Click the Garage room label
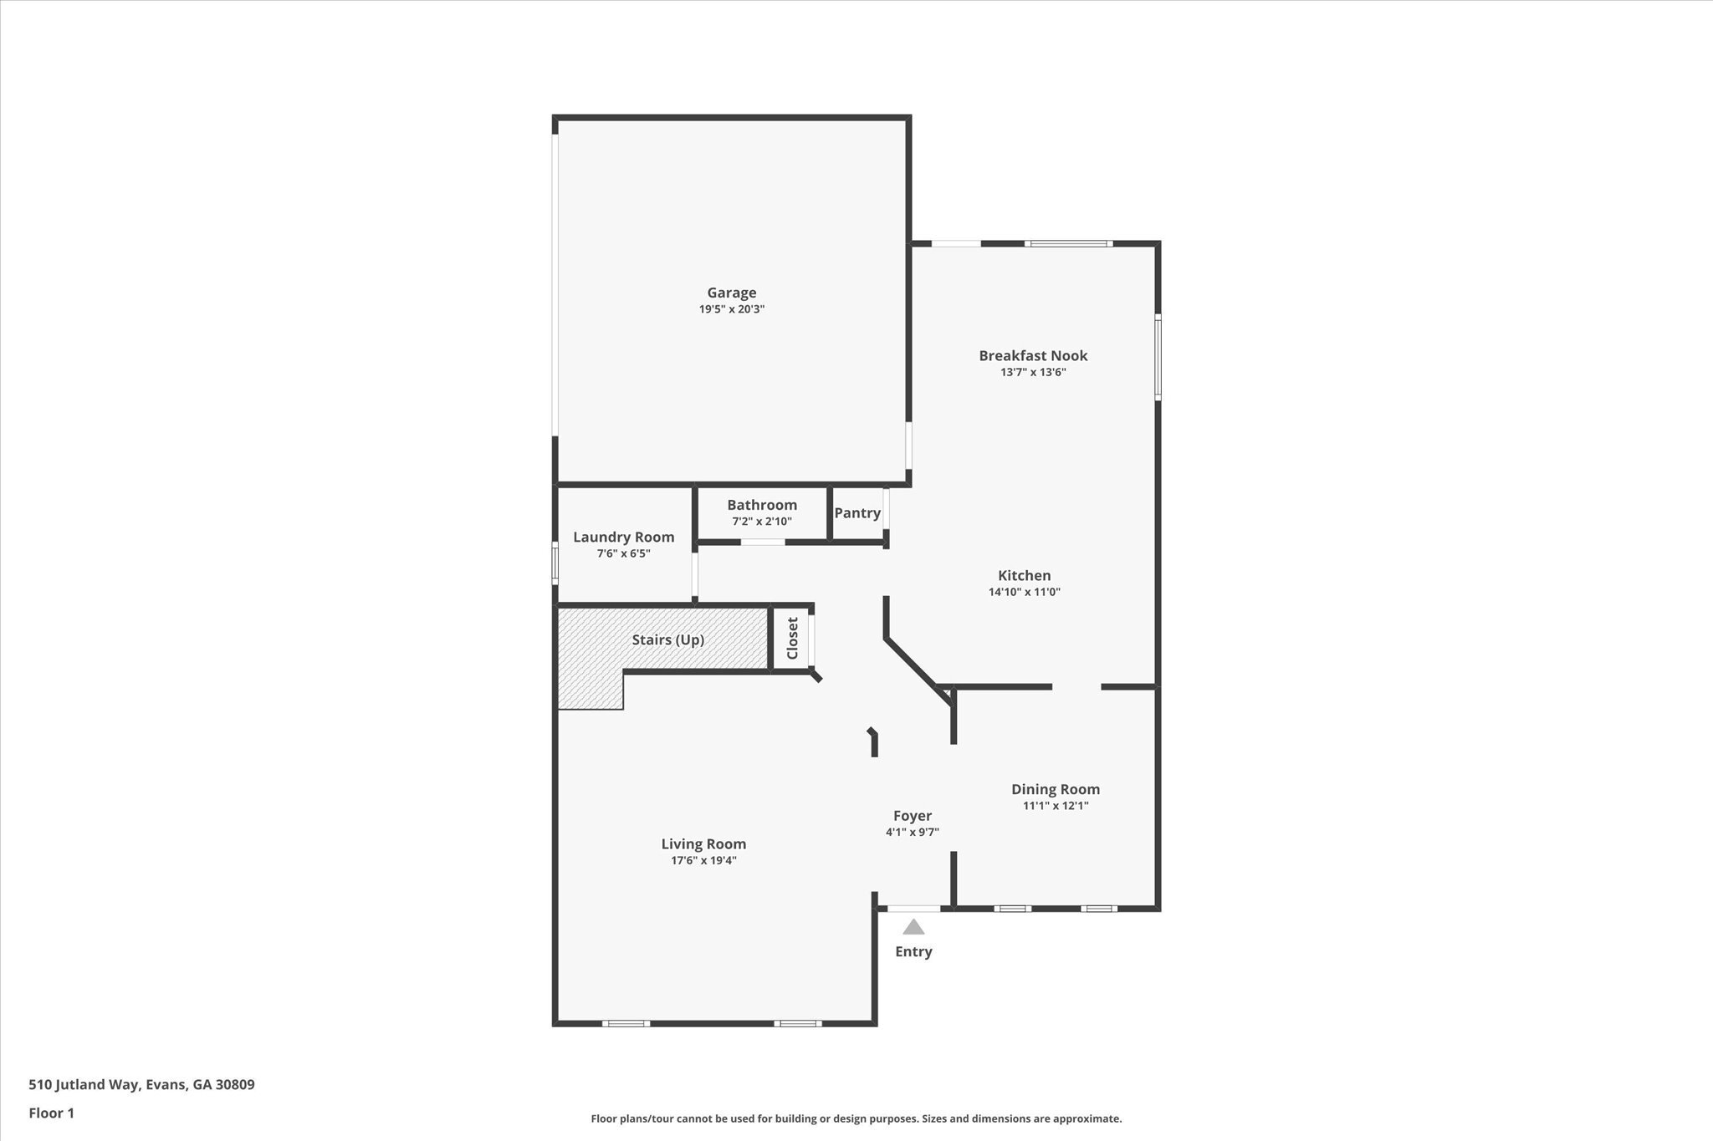pyautogui.click(x=732, y=293)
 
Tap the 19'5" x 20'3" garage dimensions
pyautogui.click(x=732, y=309)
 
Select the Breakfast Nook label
pyautogui.click(x=1033, y=355)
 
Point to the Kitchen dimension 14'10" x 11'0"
pyautogui.click(x=1024, y=592)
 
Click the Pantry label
pyautogui.click(x=856, y=512)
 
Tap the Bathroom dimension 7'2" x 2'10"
pyautogui.click(x=761, y=522)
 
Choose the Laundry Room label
pyautogui.click(x=623, y=537)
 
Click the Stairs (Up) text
pyautogui.click(x=667, y=639)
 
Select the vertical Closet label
pyautogui.click(x=792, y=638)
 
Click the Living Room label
pyautogui.click(x=703, y=844)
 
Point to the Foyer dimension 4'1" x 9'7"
pyautogui.click(x=912, y=832)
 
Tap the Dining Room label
pyautogui.click(x=1055, y=789)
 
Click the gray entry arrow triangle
pyautogui.click(x=913, y=927)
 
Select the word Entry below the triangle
pyautogui.click(x=913, y=951)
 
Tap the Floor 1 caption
pyautogui.click(x=51, y=1113)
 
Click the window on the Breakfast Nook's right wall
pyautogui.click(x=1158, y=356)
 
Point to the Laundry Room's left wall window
pyautogui.click(x=555, y=562)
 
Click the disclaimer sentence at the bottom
pyautogui.click(x=856, y=1118)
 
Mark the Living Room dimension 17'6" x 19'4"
pyautogui.click(x=703, y=860)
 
